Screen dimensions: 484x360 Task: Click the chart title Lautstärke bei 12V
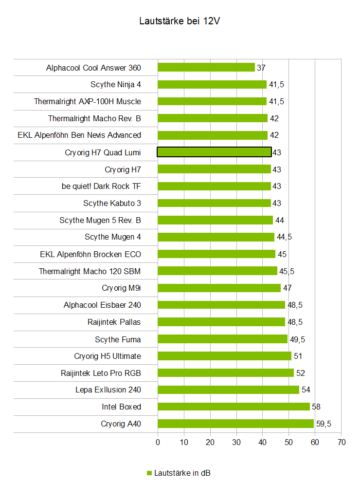pos(180,21)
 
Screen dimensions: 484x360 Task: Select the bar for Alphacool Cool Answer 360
pos(206,68)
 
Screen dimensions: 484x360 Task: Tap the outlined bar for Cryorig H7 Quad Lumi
pos(214,152)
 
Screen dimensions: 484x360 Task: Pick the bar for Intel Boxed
pos(234,407)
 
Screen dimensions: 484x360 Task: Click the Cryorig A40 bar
pos(235,424)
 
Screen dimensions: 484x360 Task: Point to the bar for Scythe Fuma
pos(222,339)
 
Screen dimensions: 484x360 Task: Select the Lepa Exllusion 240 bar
pos(228,390)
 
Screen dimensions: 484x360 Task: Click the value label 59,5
pos(324,424)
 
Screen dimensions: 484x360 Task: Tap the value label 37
pos(261,68)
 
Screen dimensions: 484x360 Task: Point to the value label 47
pos(287,288)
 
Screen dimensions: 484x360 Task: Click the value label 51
pos(298,356)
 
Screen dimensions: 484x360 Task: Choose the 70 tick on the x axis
pos(341,442)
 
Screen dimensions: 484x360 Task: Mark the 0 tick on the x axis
pos(158,442)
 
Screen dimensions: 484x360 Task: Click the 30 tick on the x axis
pos(236,442)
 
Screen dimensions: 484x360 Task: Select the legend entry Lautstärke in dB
pos(182,473)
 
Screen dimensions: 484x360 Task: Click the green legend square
pos(149,473)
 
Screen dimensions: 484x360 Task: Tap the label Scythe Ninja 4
pos(116,85)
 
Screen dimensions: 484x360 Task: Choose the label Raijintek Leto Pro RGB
pos(101,373)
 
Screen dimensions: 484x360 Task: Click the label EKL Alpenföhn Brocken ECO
pos(90,254)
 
